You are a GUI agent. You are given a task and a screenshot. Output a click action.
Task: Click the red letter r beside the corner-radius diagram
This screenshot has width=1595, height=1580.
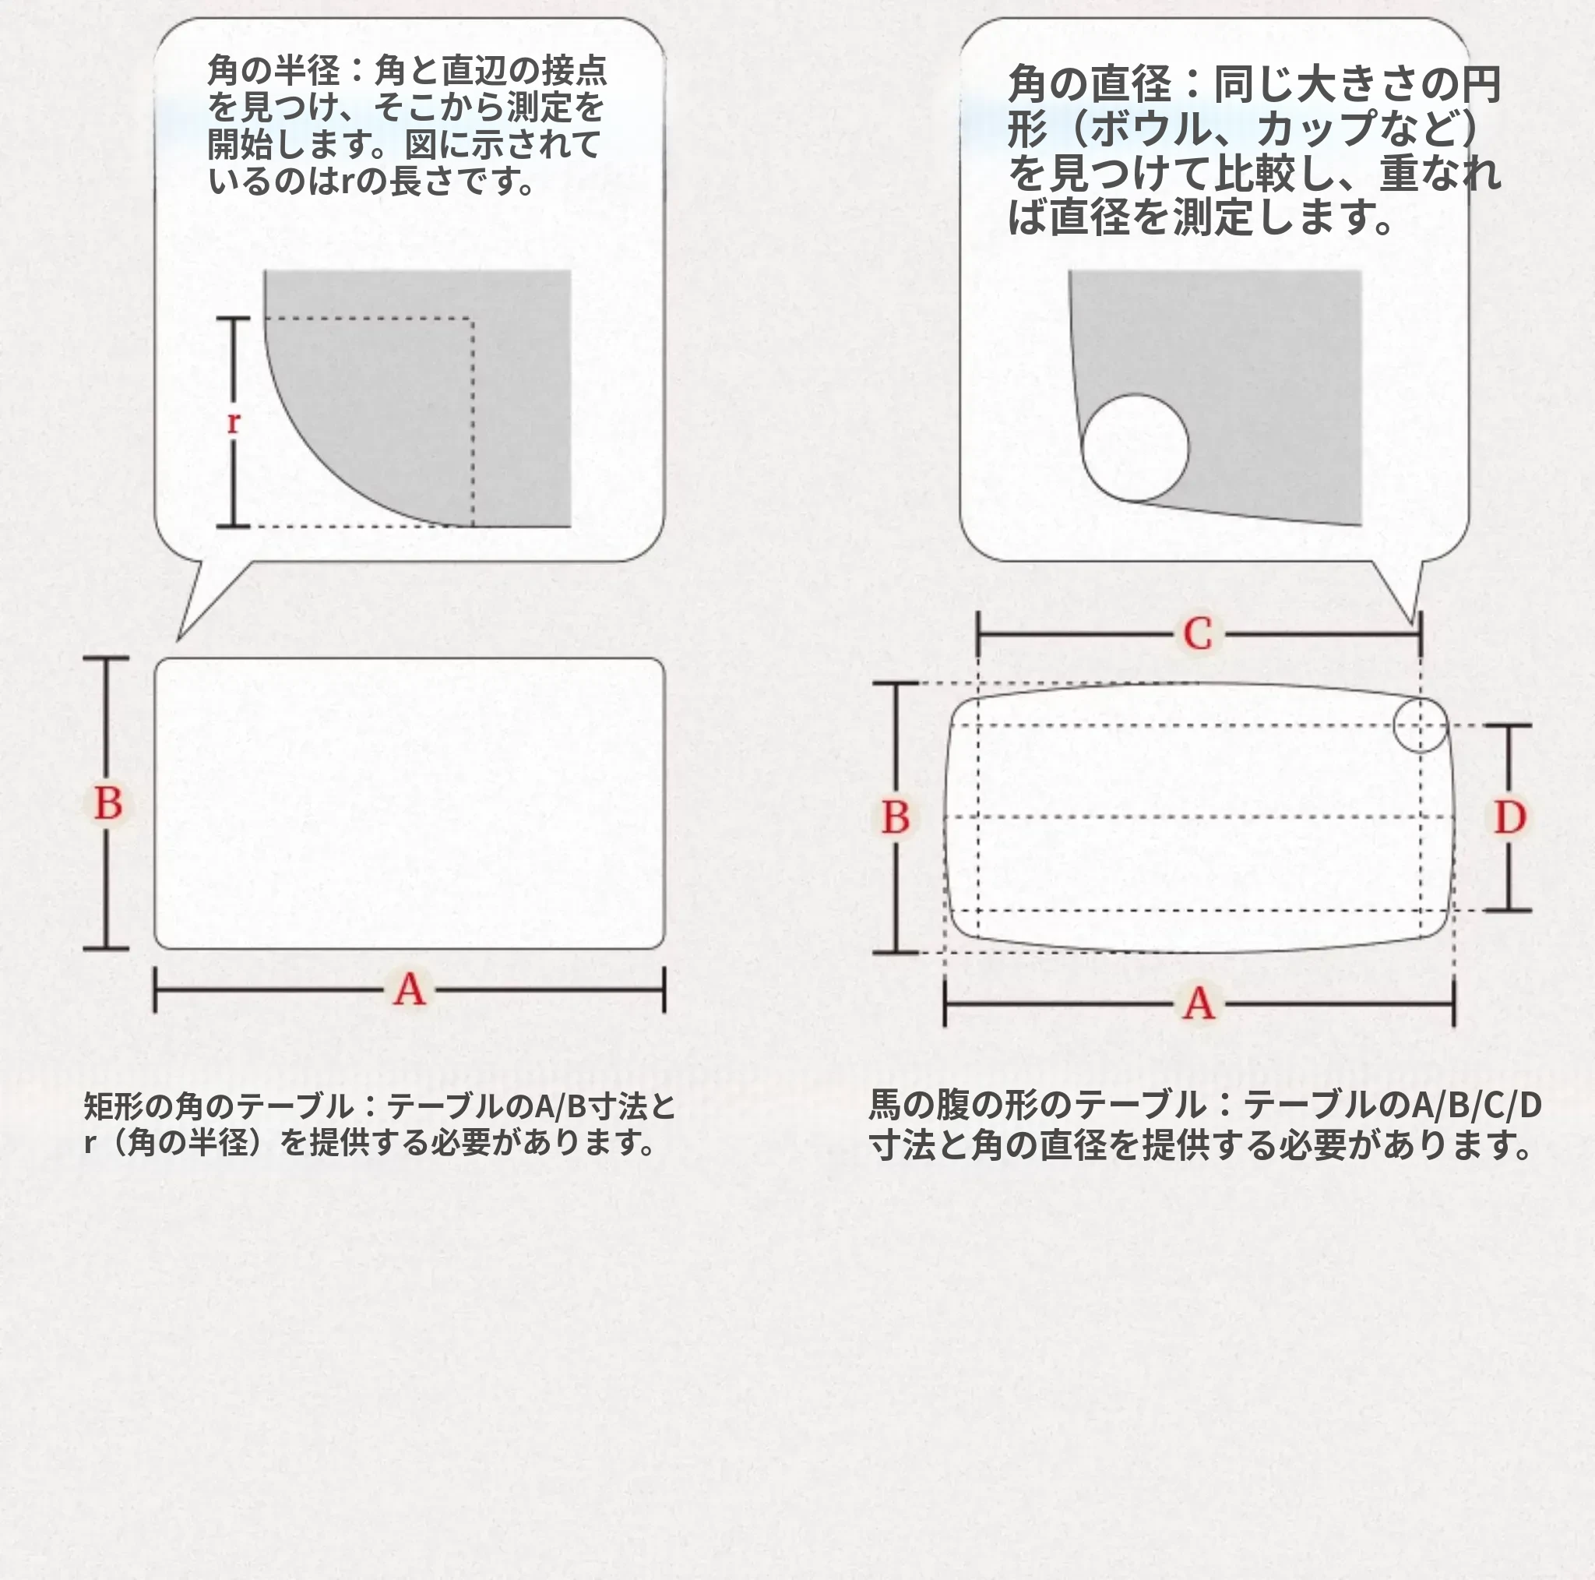pos(233,422)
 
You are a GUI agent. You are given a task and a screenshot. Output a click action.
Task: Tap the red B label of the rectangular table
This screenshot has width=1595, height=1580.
pos(108,803)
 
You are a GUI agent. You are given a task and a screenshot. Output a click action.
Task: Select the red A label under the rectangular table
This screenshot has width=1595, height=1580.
pos(410,989)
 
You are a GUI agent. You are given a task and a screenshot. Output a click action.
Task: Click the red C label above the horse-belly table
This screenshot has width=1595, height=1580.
pos(1198,634)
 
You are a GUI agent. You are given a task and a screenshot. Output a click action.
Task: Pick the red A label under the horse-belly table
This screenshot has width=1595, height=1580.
pos(1199,1004)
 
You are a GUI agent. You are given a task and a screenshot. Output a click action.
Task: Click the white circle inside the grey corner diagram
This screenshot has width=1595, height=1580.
pos(1136,448)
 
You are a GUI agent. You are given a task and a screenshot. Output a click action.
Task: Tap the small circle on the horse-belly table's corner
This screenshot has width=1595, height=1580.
pos(1421,725)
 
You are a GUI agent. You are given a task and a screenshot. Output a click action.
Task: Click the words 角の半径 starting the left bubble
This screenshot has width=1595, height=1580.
pos(273,70)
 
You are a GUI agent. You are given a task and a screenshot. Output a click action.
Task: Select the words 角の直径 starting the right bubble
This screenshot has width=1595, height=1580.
pos(1090,84)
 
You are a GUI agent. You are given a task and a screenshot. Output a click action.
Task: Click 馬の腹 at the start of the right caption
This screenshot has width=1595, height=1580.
pos(919,1105)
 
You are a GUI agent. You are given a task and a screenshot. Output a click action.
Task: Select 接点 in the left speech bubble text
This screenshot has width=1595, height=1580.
pos(574,70)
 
